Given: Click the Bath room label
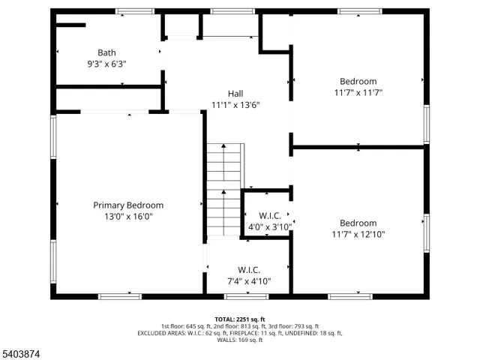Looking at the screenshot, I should point(106,52).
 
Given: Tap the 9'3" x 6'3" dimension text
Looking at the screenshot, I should point(106,64).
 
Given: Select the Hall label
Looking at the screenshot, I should point(235,93).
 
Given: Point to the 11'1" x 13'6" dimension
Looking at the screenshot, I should point(235,105).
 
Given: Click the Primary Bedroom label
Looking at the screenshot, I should point(128,205).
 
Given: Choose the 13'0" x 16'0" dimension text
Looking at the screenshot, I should point(128,217).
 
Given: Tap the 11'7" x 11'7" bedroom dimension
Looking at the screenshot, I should point(358,93).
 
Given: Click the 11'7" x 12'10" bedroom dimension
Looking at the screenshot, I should point(358,235).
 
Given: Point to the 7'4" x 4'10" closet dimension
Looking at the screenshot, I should point(248,281).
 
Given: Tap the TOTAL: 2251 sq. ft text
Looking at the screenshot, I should point(240,319).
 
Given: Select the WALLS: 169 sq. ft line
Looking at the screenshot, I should point(240,340).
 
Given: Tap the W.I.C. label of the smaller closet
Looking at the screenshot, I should point(269,215).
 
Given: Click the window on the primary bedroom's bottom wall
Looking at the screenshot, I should point(120,296).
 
